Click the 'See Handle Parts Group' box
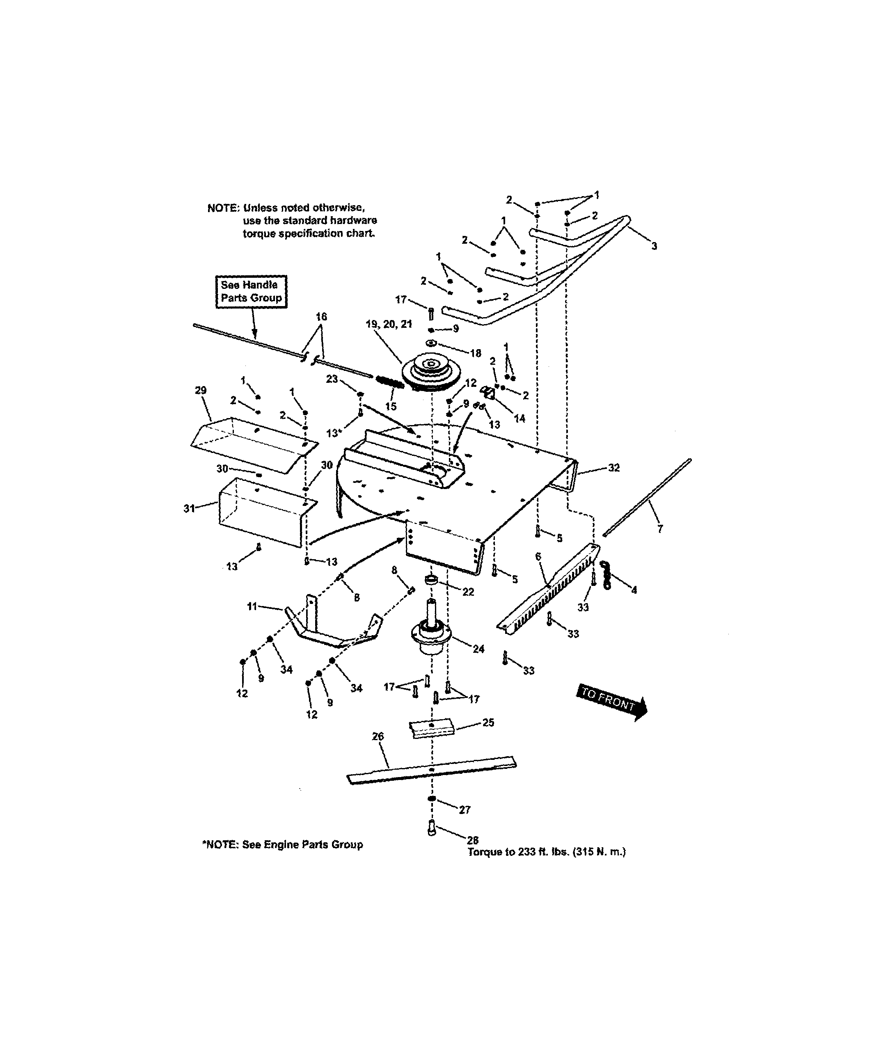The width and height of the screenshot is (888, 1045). (251, 291)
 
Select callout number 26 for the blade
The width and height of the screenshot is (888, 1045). (378, 736)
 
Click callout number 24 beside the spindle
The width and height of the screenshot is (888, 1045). (478, 649)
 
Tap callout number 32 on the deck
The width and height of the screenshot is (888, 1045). (613, 468)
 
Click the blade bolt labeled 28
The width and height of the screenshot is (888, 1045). (431, 828)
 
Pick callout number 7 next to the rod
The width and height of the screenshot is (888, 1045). (659, 529)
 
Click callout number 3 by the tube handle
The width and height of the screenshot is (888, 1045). (654, 246)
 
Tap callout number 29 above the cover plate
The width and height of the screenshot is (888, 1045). (200, 390)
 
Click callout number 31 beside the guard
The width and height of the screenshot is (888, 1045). (189, 508)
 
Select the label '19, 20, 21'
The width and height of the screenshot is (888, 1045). (389, 324)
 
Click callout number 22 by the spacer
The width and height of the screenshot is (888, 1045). (468, 592)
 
